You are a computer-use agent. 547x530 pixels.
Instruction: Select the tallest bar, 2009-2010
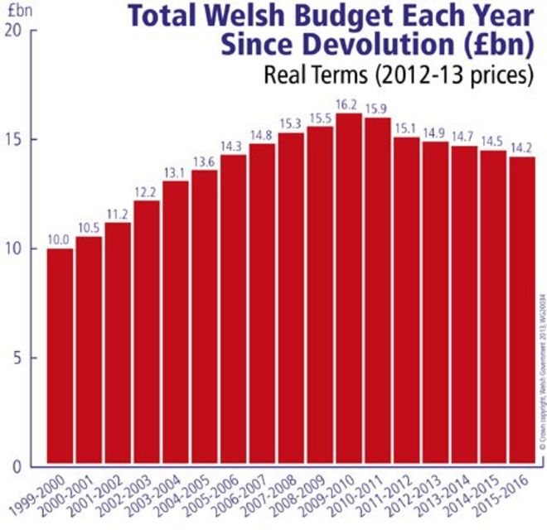tap(349, 290)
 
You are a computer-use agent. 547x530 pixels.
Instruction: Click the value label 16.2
tap(349, 106)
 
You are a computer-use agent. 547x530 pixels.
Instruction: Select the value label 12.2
tap(146, 193)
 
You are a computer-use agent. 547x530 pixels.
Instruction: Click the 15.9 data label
tap(378, 113)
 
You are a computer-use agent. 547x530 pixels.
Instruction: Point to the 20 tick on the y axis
tap(15, 31)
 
